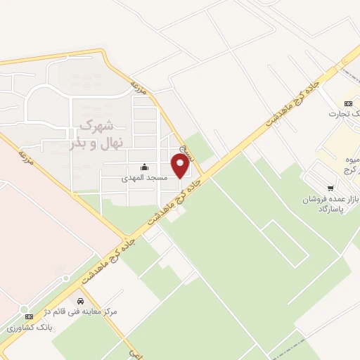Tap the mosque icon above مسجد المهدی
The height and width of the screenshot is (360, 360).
pyautogui.click(x=145, y=167)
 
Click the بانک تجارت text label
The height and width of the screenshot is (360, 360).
pyautogui.click(x=346, y=113)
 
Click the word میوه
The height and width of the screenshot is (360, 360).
pyautogui.click(x=351, y=161)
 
